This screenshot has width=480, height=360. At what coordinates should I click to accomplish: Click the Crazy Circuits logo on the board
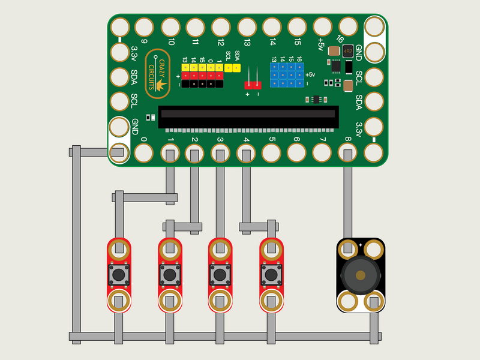[x=157, y=73]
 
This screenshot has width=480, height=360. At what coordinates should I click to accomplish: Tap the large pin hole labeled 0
[x=143, y=153]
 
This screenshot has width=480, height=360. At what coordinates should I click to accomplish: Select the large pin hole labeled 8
[x=347, y=153]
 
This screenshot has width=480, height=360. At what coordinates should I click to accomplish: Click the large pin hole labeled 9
[x=144, y=27]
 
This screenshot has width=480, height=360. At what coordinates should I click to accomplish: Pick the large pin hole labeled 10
[x=170, y=27]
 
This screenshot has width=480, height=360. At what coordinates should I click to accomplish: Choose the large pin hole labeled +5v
[x=323, y=26]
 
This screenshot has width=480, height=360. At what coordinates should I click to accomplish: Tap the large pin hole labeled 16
[x=348, y=26]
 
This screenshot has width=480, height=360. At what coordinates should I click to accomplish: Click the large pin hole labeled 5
[x=271, y=153]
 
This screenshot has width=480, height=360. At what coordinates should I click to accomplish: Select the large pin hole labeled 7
[x=322, y=153]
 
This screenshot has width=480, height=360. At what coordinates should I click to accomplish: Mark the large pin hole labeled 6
[x=296, y=153]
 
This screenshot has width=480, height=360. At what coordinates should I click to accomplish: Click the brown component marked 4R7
[x=347, y=52]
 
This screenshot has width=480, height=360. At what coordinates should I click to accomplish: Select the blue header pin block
[x=287, y=75]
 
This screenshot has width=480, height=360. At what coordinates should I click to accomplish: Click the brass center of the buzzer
[x=360, y=275]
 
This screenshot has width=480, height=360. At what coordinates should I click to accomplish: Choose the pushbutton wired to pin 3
[x=220, y=275]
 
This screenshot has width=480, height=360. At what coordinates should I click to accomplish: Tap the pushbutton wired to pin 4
[x=271, y=275]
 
